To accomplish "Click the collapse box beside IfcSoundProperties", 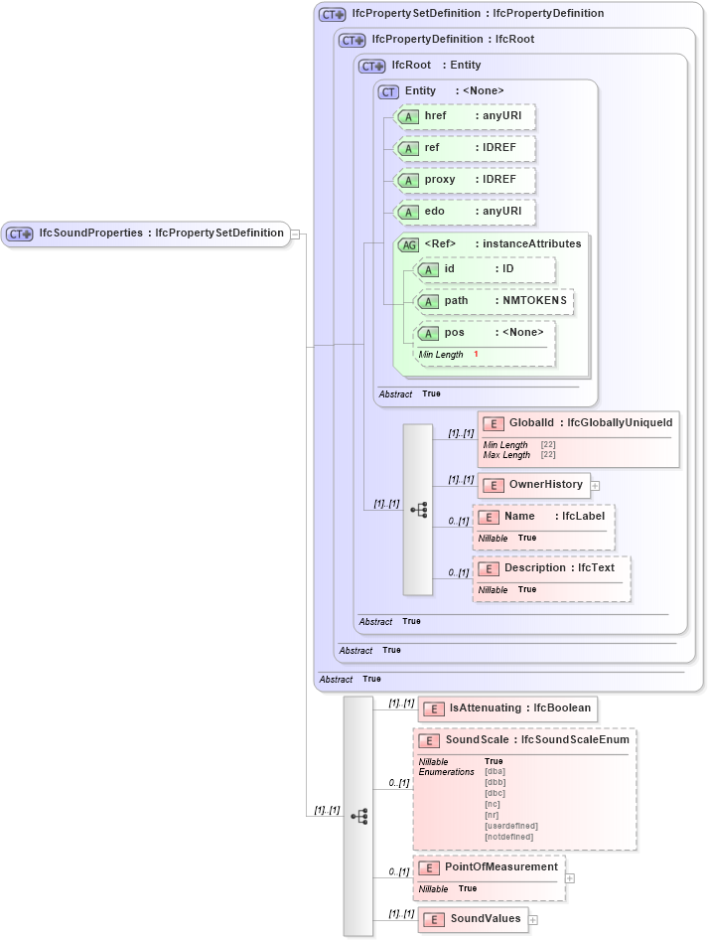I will pyautogui.click(x=295, y=234).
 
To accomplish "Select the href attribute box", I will pyautogui.click(x=465, y=116).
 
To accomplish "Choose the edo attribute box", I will pyautogui.click(x=465, y=213).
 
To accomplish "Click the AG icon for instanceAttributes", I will pyautogui.click(x=408, y=244).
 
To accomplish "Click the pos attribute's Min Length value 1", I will pyautogui.click(x=476, y=355).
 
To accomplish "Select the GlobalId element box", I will pyautogui.click(x=579, y=424).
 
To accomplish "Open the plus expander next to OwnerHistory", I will pyautogui.click(x=596, y=486).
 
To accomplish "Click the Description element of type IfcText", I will pyautogui.click(x=552, y=568).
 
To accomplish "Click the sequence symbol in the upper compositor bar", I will pyautogui.click(x=418, y=509).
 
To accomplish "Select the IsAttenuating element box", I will pyautogui.click(x=507, y=708).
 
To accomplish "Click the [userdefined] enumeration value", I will pyautogui.click(x=510, y=826).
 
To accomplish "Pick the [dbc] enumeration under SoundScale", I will pyautogui.click(x=495, y=793).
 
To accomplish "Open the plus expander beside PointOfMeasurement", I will pyautogui.click(x=569, y=877).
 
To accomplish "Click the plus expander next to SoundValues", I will pyautogui.click(x=533, y=920).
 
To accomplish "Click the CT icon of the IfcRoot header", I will pyautogui.click(x=372, y=66).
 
